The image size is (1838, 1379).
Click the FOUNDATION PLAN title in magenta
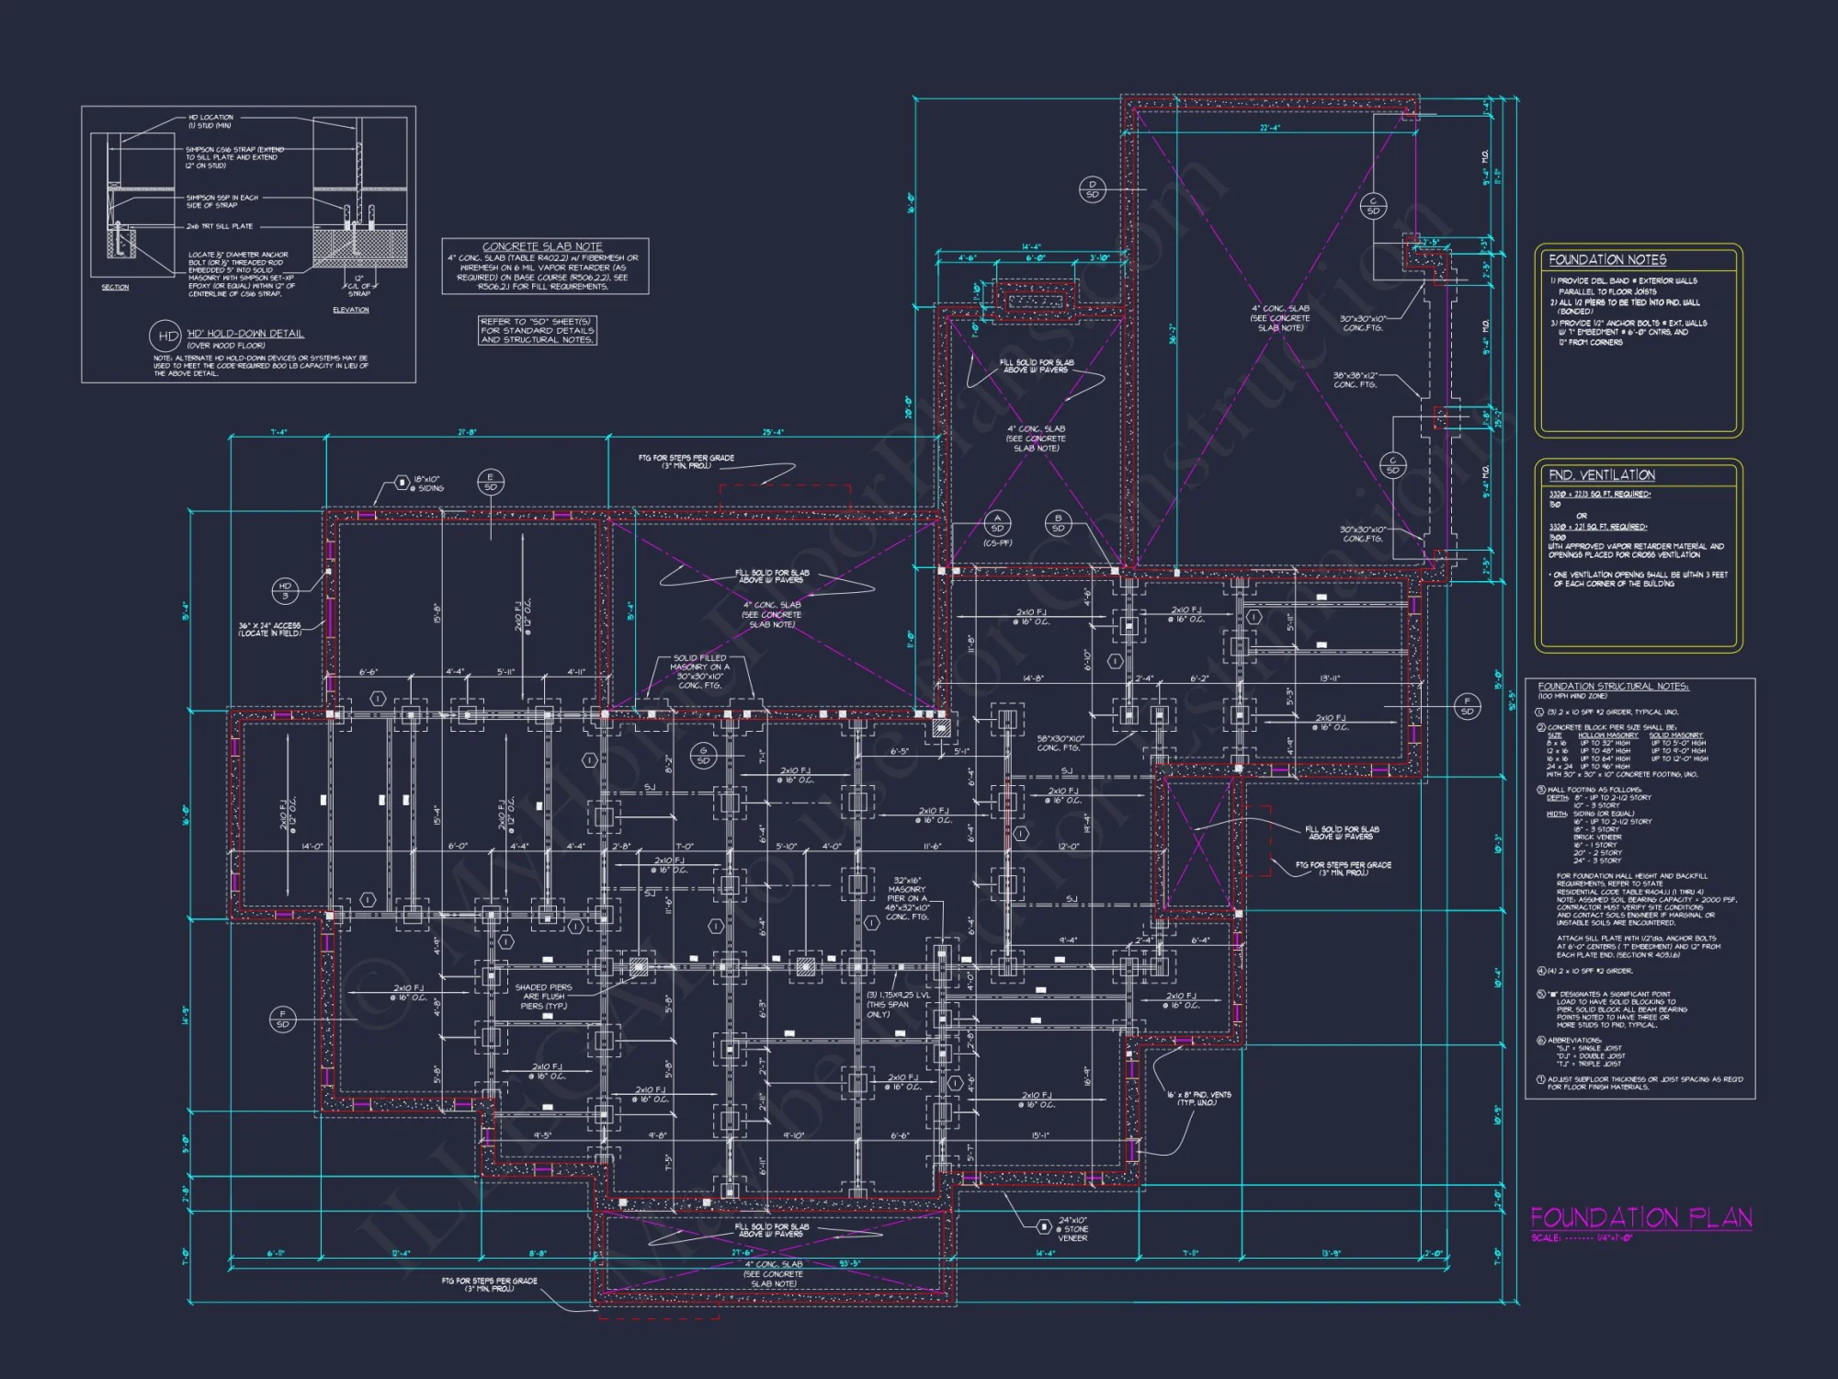(x=1640, y=1218)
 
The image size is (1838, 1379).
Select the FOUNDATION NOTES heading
(x=1607, y=260)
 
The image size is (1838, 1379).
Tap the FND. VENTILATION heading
(x=1602, y=475)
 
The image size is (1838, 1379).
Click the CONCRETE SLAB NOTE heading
(x=542, y=246)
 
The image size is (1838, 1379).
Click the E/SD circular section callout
(x=491, y=482)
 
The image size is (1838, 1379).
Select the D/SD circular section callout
(x=1092, y=189)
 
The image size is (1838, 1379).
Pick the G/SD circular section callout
(x=703, y=756)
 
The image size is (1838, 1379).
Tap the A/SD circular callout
(x=997, y=523)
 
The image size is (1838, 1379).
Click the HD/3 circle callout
(x=285, y=590)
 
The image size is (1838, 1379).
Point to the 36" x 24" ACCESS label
(x=269, y=629)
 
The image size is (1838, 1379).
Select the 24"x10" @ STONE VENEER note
(x=1072, y=1229)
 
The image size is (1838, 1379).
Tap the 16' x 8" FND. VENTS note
(x=1198, y=1099)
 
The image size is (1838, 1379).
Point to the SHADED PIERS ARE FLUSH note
(x=543, y=997)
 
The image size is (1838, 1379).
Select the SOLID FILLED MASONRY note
(x=700, y=671)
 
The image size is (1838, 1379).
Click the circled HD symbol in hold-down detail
(x=166, y=336)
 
